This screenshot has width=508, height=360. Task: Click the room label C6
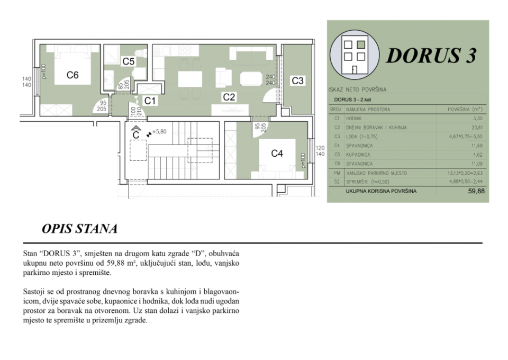(72, 75)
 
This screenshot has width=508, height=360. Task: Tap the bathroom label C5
(128, 62)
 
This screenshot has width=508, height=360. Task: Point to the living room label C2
(229, 97)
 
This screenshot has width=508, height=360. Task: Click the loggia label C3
(297, 81)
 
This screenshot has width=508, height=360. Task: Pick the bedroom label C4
(277, 154)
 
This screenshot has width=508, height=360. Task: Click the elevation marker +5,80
(159, 132)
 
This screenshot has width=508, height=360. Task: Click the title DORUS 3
(431, 55)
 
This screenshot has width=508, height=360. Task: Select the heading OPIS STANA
(79, 229)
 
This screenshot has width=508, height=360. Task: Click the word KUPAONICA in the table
(359, 155)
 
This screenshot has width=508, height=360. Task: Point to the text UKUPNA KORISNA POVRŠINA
(380, 191)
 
